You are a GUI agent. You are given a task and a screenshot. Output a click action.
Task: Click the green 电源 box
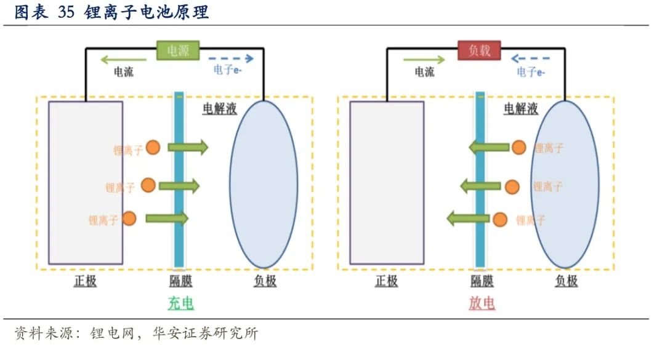[x=178, y=50]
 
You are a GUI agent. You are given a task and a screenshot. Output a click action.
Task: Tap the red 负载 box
[x=479, y=50]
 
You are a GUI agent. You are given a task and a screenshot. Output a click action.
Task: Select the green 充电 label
[x=181, y=303]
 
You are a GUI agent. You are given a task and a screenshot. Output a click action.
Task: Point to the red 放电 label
[x=482, y=303]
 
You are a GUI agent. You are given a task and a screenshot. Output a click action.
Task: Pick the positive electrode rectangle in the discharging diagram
[x=387, y=183]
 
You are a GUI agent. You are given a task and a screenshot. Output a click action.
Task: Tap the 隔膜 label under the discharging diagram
[x=482, y=281]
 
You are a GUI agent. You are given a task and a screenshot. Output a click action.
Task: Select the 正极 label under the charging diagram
[x=86, y=281]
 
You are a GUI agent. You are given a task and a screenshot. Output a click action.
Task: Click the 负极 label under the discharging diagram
[x=566, y=281]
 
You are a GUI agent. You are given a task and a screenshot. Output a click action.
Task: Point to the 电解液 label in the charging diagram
[x=220, y=110]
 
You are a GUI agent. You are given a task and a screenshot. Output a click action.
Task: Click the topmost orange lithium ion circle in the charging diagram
[x=153, y=147]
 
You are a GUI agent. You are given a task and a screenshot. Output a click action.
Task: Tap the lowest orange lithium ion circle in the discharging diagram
[x=500, y=219]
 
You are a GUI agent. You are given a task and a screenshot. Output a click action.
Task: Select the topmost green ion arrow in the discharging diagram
[x=489, y=147]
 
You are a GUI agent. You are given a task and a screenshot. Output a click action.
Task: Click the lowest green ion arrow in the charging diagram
[x=167, y=218]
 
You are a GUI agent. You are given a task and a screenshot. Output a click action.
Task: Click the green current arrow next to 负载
[x=424, y=59]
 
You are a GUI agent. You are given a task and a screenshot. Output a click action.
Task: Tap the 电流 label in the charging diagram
[x=123, y=72]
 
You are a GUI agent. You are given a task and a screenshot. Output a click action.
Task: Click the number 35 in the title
[x=66, y=13]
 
